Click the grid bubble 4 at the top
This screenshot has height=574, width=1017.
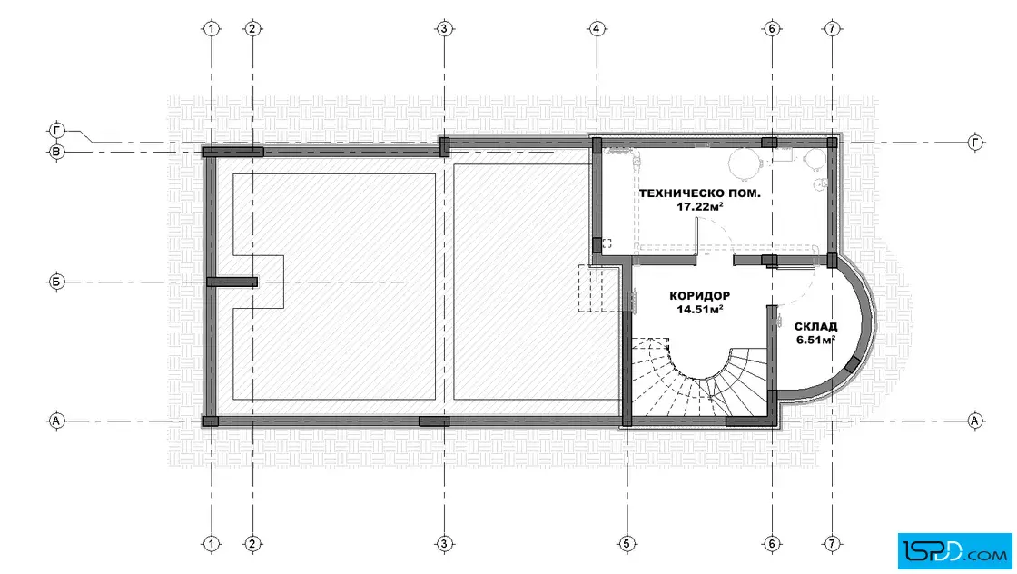click(x=596, y=28)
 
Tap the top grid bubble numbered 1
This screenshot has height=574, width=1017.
click(x=212, y=28)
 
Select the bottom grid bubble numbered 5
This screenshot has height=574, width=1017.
click(x=627, y=543)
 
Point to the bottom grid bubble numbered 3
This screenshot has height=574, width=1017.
click(x=444, y=543)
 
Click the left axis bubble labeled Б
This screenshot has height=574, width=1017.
click(x=56, y=282)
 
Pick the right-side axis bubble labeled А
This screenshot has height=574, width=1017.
click(x=974, y=421)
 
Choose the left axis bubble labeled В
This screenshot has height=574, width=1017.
click(x=56, y=153)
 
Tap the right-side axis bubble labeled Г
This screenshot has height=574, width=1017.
click(x=975, y=142)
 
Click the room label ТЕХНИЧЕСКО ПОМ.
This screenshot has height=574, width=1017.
click(x=700, y=193)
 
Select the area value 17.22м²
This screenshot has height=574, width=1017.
click(x=700, y=206)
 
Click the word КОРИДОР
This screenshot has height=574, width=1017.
click(x=700, y=296)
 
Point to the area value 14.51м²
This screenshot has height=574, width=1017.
click(x=700, y=310)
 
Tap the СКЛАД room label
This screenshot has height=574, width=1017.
click(x=815, y=326)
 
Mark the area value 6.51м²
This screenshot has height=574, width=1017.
click(x=815, y=339)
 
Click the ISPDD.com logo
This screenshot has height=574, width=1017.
click(x=954, y=551)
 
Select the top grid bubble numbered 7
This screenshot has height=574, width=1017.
click(x=832, y=28)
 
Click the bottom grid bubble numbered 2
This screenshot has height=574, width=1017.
click(x=252, y=543)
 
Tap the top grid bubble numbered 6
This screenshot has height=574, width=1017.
click(x=772, y=28)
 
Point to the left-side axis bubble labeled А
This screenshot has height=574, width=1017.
click(x=56, y=421)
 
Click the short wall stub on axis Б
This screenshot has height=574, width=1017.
click(x=232, y=282)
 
